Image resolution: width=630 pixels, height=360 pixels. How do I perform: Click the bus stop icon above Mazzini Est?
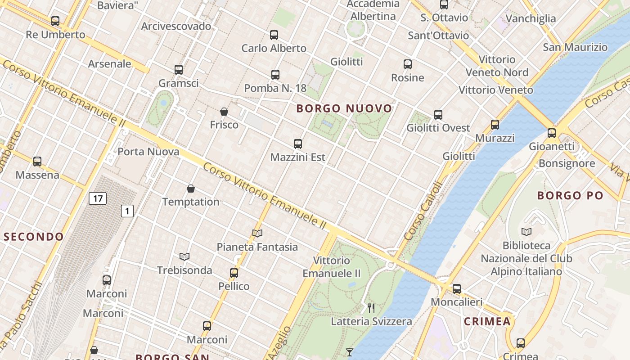point(298,144)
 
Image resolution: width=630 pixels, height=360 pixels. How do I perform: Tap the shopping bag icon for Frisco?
point(224,112)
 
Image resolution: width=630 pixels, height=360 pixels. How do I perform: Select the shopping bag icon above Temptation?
point(191,189)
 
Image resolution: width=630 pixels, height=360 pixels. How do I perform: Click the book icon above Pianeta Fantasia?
point(257,233)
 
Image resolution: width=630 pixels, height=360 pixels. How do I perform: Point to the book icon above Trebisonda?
point(184,256)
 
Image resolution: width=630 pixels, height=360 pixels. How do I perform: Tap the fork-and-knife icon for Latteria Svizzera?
point(371,308)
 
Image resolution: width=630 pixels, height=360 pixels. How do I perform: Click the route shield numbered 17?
point(97,198)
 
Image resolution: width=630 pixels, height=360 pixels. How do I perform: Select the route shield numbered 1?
point(127,211)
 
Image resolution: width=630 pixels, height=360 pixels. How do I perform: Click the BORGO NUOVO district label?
point(344,108)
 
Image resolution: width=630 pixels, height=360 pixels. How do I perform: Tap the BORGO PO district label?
point(570,195)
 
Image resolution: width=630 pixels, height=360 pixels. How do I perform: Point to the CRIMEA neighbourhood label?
point(487,321)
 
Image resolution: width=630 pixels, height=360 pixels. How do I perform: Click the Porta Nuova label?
point(148,152)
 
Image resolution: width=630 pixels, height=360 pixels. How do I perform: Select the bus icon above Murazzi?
point(495,125)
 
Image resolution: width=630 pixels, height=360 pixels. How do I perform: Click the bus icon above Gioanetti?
point(552,133)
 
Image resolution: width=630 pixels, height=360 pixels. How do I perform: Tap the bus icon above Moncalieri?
point(457,289)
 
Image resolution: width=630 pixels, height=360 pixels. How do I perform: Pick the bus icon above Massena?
point(37,162)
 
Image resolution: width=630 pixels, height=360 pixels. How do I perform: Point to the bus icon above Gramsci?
point(179,70)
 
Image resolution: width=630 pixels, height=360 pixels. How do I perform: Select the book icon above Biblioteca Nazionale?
point(526,232)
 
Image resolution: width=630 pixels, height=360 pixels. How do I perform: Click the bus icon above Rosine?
point(408,64)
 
